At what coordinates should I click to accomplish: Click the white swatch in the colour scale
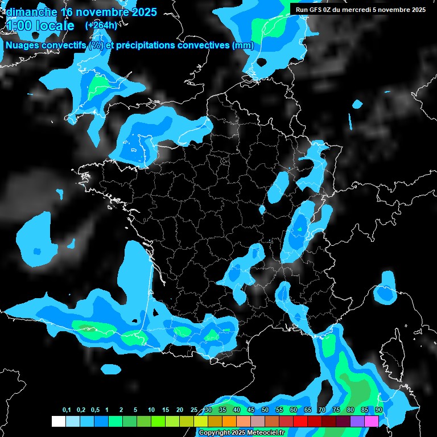coord(58,421)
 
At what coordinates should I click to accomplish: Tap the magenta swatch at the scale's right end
coord(372,421)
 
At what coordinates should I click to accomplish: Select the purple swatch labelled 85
coord(357,421)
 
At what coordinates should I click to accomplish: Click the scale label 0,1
coord(67,410)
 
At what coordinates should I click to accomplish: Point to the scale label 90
coord(378,410)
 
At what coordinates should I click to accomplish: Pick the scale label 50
coord(265,410)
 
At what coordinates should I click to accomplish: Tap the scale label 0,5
coord(95,410)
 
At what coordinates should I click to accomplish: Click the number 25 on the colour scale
coord(194,410)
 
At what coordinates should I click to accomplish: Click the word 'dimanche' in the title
coord(31,12)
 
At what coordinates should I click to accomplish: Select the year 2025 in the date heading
coord(140,12)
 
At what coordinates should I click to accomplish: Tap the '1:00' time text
coord(19,26)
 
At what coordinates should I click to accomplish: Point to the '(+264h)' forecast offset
coord(101,26)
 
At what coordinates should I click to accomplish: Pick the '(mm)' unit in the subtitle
coord(243,46)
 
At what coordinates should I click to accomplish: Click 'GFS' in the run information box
coord(315,9)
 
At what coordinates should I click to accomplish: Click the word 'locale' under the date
coord(55,26)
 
